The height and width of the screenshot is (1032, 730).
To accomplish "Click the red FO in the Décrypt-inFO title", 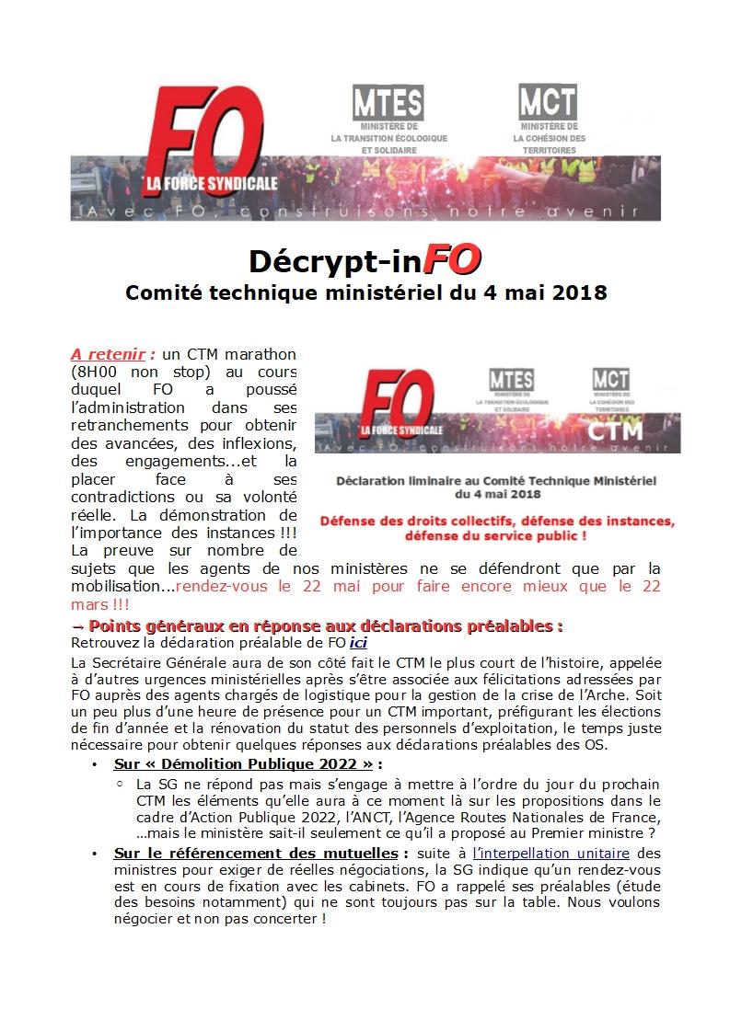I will [452, 259].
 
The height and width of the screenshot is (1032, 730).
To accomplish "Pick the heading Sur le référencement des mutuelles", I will [256, 853].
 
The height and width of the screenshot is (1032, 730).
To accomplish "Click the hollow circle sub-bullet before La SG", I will [120, 785].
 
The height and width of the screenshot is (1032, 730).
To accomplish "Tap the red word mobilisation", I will [116, 585].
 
